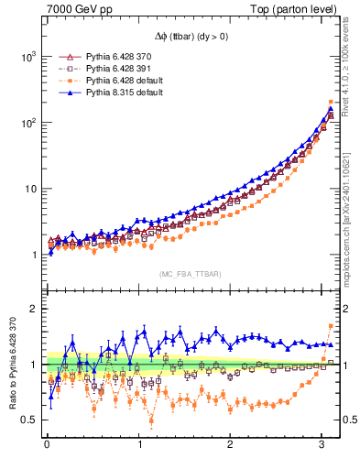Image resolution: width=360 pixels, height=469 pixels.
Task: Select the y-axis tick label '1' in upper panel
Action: point(32,256)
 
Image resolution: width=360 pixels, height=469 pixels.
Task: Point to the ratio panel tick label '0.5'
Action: point(27,420)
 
